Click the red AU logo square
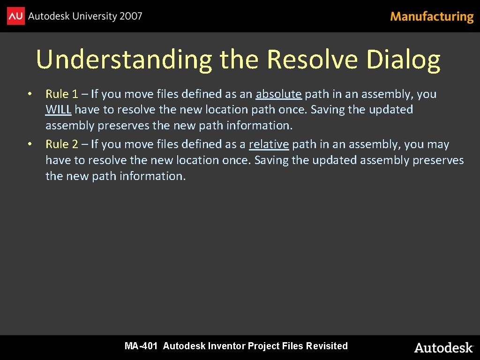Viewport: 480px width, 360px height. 15,16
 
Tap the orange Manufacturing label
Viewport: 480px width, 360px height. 432,17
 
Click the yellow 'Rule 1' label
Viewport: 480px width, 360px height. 61,94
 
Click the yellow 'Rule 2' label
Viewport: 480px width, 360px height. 61,144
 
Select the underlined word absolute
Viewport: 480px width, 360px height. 278,94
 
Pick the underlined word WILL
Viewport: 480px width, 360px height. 58,110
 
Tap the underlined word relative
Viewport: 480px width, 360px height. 269,144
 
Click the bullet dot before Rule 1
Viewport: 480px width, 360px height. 29,94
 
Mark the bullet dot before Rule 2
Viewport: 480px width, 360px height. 29,144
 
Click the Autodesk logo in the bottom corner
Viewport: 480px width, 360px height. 443,347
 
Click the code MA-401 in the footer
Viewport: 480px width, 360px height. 141,346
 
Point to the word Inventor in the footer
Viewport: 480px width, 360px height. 227,346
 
